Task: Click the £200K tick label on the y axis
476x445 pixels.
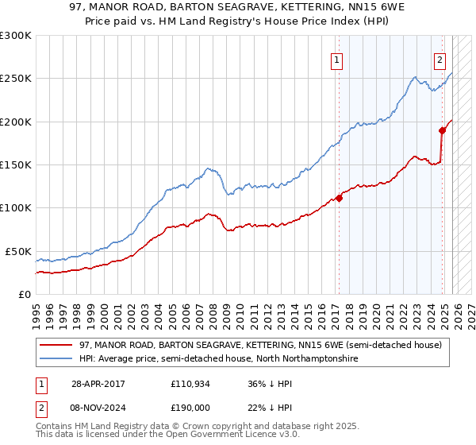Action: [16, 122]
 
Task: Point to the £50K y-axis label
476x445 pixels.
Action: [18, 251]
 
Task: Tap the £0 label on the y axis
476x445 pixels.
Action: [24, 294]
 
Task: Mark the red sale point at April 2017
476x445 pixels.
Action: [339, 198]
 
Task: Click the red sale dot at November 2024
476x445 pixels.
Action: [442, 130]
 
